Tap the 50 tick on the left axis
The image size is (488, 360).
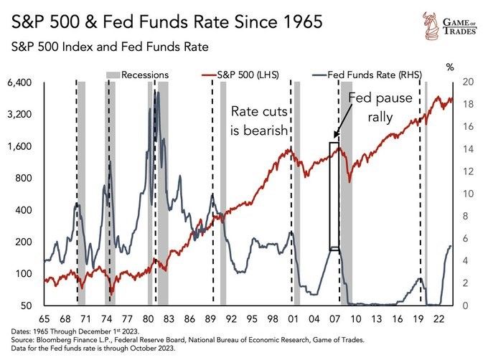tap(27, 306)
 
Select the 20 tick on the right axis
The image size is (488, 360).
tap(469, 82)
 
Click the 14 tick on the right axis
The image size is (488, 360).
tap(469, 149)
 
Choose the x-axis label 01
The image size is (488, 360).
tap(294, 317)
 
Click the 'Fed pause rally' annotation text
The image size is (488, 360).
tap(380, 107)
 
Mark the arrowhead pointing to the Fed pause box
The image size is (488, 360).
tap(335, 134)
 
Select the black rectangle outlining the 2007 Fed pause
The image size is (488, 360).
tap(334, 195)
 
